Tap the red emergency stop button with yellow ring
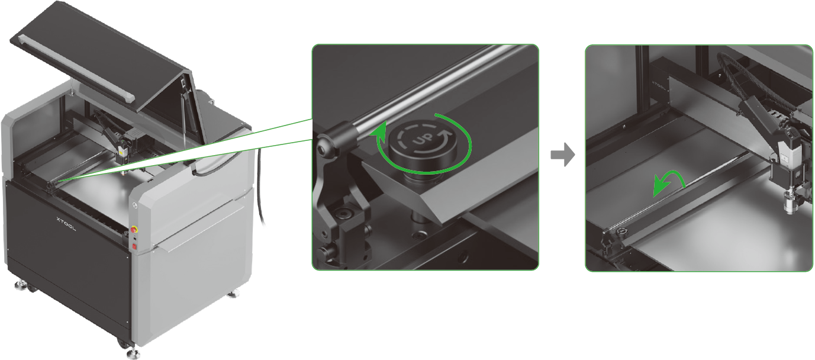[x=134, y=230]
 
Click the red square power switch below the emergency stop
[x=134, y=247]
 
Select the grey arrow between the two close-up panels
[x=562, y=155]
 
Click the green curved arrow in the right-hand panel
[x=668, y=183]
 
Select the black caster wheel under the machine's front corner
[x=121, y=342]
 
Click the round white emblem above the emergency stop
[x=136, y=205]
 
